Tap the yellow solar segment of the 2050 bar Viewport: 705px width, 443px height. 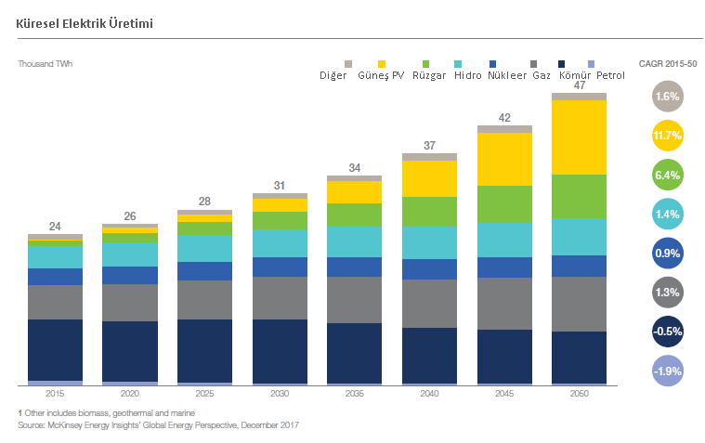(x=579, y=137)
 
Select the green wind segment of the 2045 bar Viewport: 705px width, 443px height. (x=504, y=203)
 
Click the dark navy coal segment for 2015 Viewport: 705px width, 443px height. (x=55, y=349)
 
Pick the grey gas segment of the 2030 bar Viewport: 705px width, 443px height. (x=280, y=297)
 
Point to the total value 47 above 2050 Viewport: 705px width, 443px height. (x=579, y=85)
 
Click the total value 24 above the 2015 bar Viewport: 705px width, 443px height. (x=55, y=227)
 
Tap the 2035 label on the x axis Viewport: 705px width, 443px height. (x=354, y=394)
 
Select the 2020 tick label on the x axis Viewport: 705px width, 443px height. (x=129, y=394)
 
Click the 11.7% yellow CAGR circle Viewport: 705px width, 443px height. (x=668, y=136)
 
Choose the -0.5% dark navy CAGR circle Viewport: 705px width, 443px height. (x=668, y=332)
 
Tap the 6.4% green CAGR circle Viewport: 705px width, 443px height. (x=668, y=175)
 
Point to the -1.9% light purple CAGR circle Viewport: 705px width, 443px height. (x=668, y=371)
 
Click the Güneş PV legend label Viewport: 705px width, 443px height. (x=381, y=75)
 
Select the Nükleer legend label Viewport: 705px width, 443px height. (x=507, y=75)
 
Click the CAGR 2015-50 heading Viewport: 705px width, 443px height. (x=668, y=63)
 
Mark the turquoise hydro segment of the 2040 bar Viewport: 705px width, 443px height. (x=429, y=241)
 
